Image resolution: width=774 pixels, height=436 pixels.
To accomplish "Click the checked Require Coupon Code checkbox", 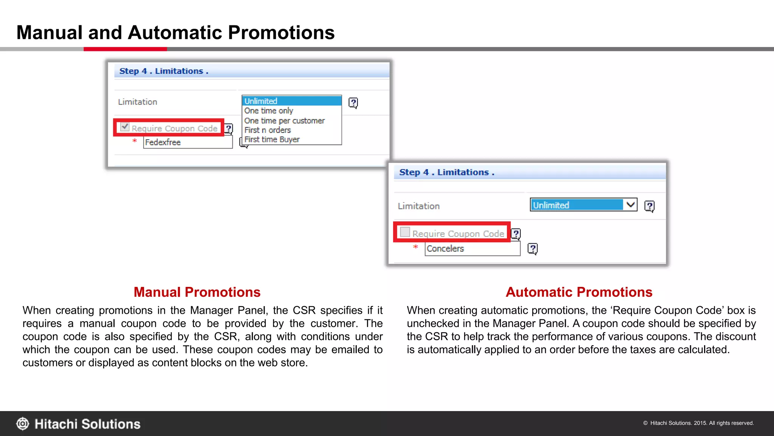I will point(125,127).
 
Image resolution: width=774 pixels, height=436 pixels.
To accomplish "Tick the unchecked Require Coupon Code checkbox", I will point(405,232).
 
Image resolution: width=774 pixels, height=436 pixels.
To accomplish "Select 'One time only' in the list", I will point(269,111).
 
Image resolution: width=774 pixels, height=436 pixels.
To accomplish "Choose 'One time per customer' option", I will point(284,121).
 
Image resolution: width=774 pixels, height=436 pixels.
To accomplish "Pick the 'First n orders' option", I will point(268,130).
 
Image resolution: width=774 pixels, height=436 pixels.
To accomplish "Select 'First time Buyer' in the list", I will point(272,140).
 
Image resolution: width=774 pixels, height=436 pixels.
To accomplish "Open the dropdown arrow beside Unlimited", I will point(630,205).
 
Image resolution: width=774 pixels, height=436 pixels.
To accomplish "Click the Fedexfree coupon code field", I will point(188,142).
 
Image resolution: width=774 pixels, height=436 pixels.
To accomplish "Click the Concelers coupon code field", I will point(472,249).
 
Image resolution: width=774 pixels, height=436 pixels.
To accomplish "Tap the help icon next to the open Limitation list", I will point(353,103).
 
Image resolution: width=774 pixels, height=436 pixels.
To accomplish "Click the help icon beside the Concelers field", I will point(533,249).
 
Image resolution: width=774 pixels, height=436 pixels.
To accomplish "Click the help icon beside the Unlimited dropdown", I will point(649,206).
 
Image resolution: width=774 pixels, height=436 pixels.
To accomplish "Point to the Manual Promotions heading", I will point(197,292).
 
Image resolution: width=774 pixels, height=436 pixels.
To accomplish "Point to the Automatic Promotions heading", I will point(579,292).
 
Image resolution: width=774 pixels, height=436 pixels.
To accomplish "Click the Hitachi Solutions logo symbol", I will point(23,424).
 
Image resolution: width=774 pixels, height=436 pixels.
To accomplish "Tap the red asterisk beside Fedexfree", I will point(135,141).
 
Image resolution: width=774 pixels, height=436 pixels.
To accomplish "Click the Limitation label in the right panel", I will point(419,206).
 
